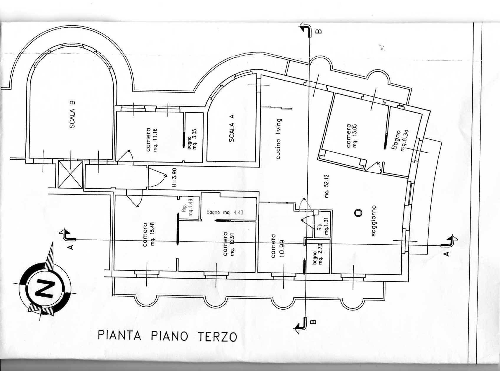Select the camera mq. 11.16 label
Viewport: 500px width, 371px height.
click(152, 140)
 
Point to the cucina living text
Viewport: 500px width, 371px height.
click(278, 139)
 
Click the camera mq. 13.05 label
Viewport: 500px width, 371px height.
click(352, 136)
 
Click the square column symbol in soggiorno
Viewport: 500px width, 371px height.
click(358, 213)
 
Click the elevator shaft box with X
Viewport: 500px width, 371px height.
click(70, 174)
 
